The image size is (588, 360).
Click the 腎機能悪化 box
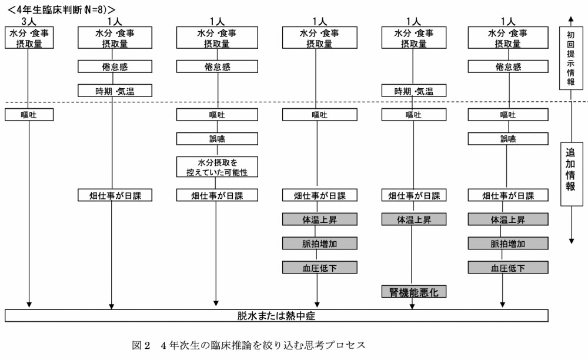tap(414, 292)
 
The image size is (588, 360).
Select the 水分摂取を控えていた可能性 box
tap(218, 166)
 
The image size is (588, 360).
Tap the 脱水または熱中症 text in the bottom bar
tap(276, 316)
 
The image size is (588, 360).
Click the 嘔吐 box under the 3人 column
tap(29, 115)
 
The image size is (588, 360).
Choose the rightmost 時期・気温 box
tap(414, 91)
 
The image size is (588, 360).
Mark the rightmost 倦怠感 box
tap(508, 67)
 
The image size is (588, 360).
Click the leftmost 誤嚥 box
tap(218, 139)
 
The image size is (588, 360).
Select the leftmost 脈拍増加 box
tap(318, 244)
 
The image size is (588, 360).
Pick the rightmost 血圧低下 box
tap(508, 268)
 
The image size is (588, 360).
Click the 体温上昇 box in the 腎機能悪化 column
tap(414, 219)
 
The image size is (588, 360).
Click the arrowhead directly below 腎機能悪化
tap(414, 305)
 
